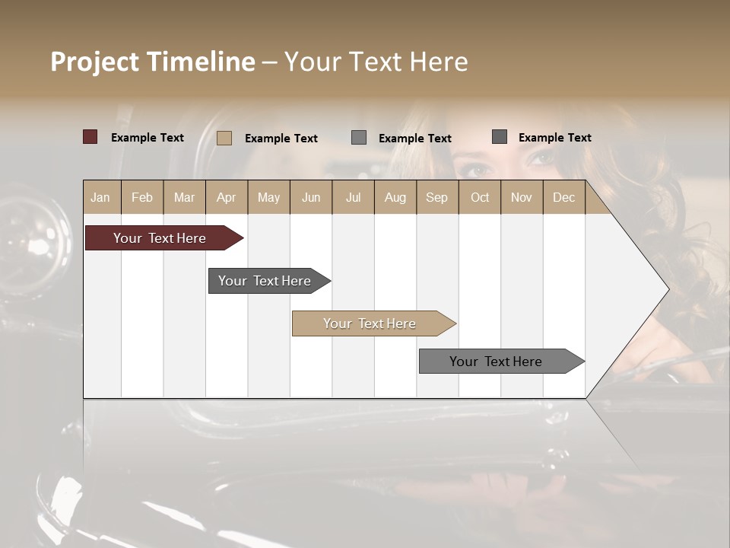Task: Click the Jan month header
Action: tap(100, 197)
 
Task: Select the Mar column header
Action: tap(184, 197)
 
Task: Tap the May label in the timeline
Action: tap(268, 197)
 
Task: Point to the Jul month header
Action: tap(353, 197)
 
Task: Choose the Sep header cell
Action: tap(436, 197)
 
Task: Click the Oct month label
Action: tap(480, 197)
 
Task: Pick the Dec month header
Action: tap(563, 197)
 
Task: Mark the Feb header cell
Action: tap(142, 197)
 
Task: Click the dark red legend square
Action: tap(90, 137)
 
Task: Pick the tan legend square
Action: tap(224, 138)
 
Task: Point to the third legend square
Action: tap(359, 138)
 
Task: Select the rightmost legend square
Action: tap(500, 137)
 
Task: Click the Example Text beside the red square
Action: tap(148, 138)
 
